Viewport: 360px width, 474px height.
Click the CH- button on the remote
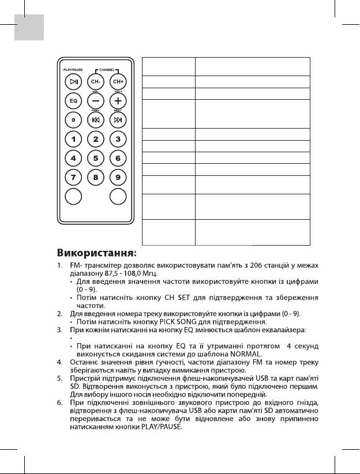(96, 81)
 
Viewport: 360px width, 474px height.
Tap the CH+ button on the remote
(118, 81)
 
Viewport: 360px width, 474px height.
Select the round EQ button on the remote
(74, 101)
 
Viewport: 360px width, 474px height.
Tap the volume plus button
(118, 101)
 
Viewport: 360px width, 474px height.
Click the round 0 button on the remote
(74, 119)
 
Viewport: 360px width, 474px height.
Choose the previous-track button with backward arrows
(96, 119)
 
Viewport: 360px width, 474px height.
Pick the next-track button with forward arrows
(118, 119)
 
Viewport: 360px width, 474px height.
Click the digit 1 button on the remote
(74, 138)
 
